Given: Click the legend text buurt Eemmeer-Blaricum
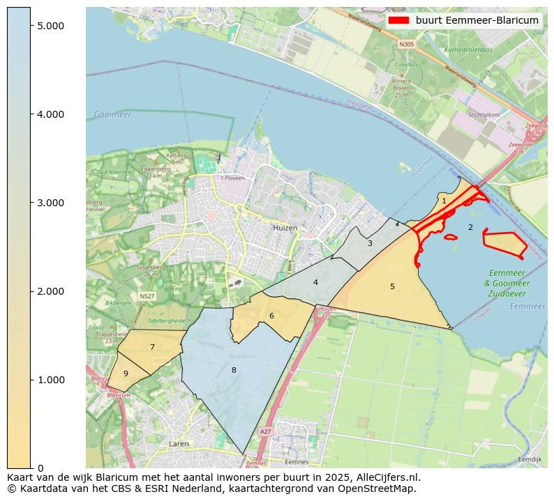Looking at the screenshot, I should click(x=477, y=20).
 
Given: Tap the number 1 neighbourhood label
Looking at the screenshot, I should click(x=444, y=201).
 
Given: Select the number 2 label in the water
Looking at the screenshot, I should click(x=470, y=227).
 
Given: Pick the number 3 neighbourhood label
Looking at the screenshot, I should click(x=370, y=243).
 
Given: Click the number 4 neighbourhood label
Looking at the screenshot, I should click(x=315, y=282).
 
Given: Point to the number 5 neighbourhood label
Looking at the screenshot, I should click(x=392, y=286).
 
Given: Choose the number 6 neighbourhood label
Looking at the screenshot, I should click(x=271, y=316).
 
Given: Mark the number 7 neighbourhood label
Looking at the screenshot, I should click(x=152, y=347).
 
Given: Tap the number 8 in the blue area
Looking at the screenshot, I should click(x=234, y=370).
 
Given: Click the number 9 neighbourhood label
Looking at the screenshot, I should click(x=126, y=373).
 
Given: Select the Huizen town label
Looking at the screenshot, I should click(x=285, y=228).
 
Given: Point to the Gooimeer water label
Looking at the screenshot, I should click(x=112, y=114).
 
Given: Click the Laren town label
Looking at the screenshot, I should click(x=179, y=443).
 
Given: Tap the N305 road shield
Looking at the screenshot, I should click(x=406, y=44).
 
